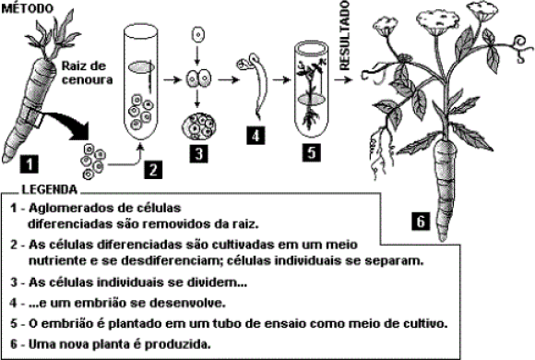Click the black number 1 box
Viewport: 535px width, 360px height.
tap(30, 163)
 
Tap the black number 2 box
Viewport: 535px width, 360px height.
tap(153, 170)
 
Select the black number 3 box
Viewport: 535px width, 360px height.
tap(199, 154)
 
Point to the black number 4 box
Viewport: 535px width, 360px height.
tap(256, 136)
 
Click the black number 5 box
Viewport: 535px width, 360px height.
tap(311, 151)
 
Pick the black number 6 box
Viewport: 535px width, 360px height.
tap(421, 221)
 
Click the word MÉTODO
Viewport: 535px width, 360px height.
tap(28, 8)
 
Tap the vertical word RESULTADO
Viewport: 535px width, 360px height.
tap(345, 35)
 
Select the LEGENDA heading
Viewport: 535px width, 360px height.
tap(50, 189)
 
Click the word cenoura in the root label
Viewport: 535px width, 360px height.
tap(87, 79)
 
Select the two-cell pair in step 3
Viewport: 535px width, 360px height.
tap(198, 78)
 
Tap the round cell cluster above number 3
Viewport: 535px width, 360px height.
tap(198, 126)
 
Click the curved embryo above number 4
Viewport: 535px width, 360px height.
tap(254, 84)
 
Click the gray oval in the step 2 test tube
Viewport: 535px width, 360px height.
tap(142, 67)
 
